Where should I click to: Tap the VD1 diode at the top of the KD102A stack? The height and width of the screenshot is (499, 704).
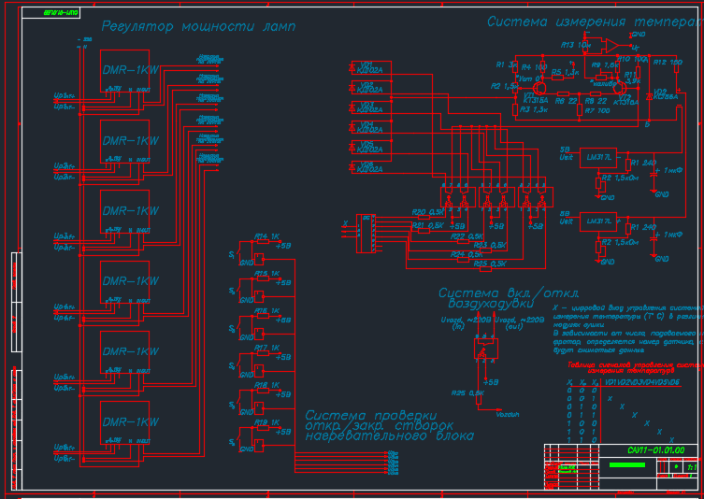(365, 66)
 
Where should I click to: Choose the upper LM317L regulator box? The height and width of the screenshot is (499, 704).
(596, 158)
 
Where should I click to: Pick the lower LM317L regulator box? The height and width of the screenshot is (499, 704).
(596, 221)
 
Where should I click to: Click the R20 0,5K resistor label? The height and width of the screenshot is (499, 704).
(428, 213)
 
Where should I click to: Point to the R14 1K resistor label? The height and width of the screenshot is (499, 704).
(268, 236)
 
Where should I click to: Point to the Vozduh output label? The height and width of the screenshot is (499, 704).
(508, 412)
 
